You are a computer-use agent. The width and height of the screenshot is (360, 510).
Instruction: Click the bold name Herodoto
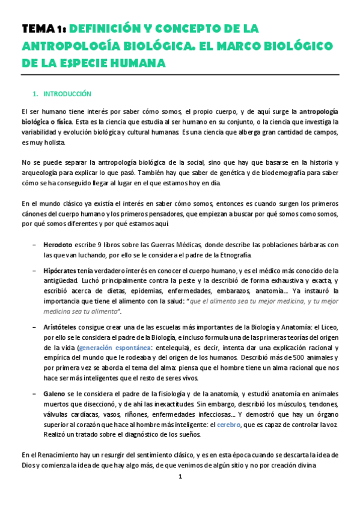58,245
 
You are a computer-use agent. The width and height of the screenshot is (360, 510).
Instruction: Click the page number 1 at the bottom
180,477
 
